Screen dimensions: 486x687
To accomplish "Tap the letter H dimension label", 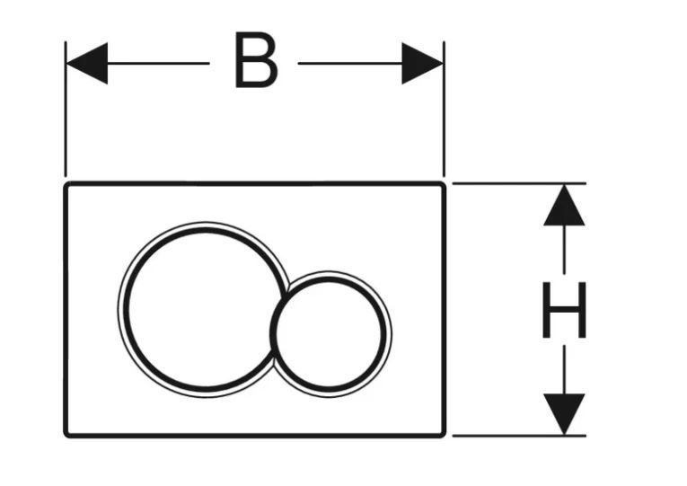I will (x=563, y=311).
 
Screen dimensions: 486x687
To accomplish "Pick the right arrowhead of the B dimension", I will (x=422, y=63).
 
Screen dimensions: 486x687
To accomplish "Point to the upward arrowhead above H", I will (x=563, y=205).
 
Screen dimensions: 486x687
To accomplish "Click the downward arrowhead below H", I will (x=563, y=414).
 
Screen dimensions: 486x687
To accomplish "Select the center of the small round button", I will (x=330, y=332).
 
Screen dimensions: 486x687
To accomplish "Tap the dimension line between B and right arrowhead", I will (x=349, y=63).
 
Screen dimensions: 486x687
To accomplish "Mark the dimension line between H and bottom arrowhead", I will (x=563, y=369).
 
